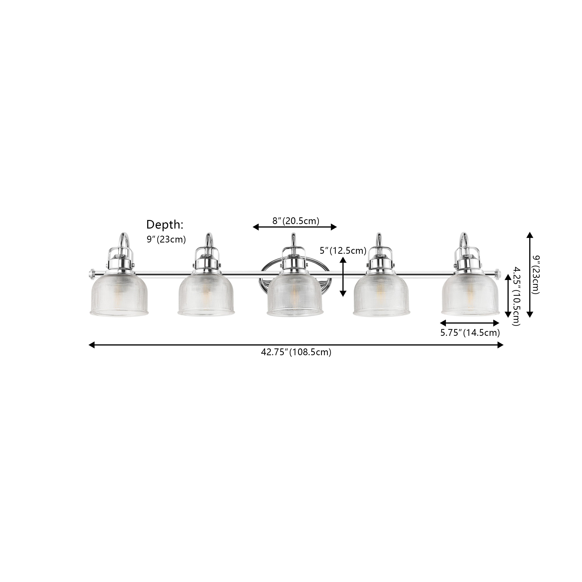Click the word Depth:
165,225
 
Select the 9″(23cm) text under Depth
166,239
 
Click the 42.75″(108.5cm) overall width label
296,352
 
